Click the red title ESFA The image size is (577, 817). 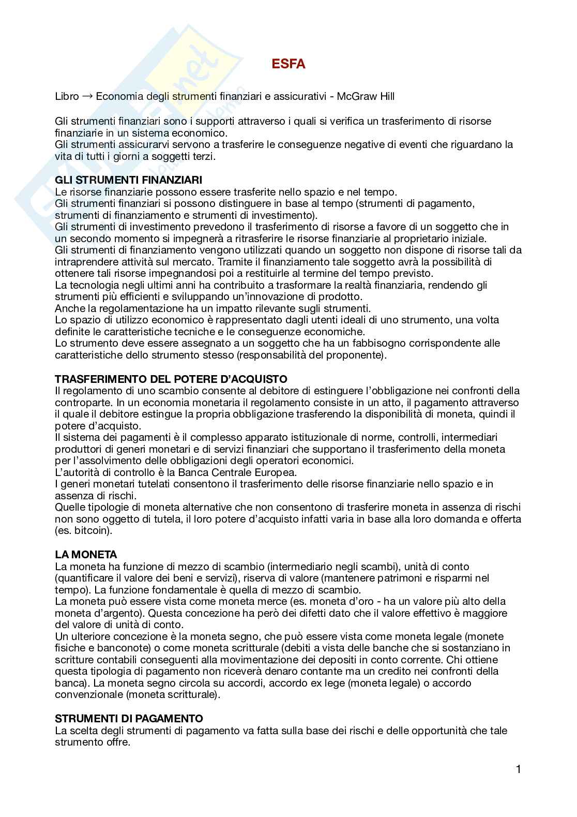[288, 64]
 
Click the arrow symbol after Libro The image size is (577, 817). [87, 96]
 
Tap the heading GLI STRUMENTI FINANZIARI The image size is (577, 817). [128, 180]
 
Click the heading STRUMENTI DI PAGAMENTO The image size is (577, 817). [129, 719]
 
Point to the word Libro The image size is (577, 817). [67, 96]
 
